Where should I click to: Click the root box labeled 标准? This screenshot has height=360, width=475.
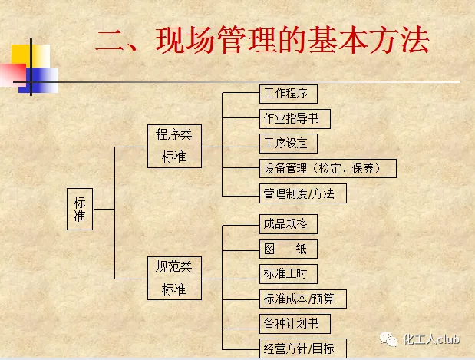tap(80, 208)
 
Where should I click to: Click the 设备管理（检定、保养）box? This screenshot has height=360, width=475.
tap(328, 168)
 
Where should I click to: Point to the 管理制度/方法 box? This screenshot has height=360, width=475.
tap(303, 193)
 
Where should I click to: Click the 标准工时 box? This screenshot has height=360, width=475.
tap(289, 273)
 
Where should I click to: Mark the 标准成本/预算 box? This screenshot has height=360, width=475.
tap(303, 298)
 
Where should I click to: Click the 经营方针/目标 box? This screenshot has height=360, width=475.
tap(303, 347)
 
